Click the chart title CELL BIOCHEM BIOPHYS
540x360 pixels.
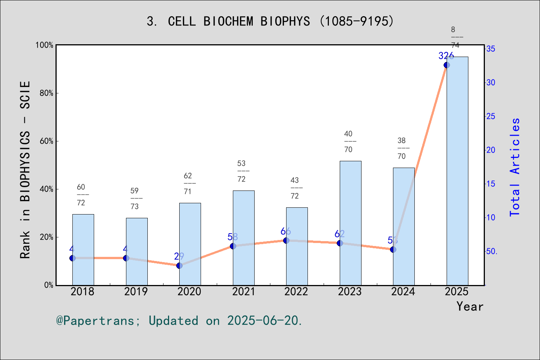[270, 21]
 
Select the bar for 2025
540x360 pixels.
[457, 171]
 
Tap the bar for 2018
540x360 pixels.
[83, 249]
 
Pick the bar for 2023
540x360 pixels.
[350, 223]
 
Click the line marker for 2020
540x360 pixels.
[179, 265]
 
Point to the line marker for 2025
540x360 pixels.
[447, 65]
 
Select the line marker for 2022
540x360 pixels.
[286, 240]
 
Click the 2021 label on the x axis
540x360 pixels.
[243, 291]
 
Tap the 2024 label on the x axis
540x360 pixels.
[403, 291]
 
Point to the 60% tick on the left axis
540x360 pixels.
[46, 141]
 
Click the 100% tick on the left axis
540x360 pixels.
[45, 45]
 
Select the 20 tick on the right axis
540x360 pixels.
[491, 150]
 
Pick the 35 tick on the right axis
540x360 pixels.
[491, 49]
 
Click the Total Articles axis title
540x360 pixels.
[515, 167]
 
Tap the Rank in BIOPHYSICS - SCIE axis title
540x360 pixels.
[25, 169]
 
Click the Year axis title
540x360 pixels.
[469, 306]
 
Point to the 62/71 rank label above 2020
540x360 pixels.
[187, 184]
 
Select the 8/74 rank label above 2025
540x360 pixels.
[455, 37]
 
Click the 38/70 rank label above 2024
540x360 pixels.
[402, 148]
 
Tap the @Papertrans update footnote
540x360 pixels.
[179, 321]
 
